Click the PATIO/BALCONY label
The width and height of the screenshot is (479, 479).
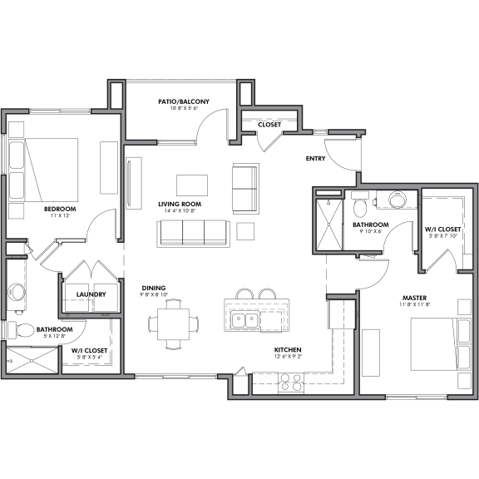click(183, 101)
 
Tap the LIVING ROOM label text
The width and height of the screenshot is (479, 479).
click(180, 204)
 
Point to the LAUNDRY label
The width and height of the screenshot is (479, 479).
click(89, 294)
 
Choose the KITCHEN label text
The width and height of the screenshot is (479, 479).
click(288, 350)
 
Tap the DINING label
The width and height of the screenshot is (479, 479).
click(152, 288)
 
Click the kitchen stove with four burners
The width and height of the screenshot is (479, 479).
click(290, 382)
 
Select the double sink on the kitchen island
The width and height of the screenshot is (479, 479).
click(244, 319)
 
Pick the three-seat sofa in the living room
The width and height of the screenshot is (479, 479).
click(193, 234)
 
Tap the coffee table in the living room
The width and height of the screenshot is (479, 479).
click(192, 185)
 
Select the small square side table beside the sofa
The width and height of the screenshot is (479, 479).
click(246, 230)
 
